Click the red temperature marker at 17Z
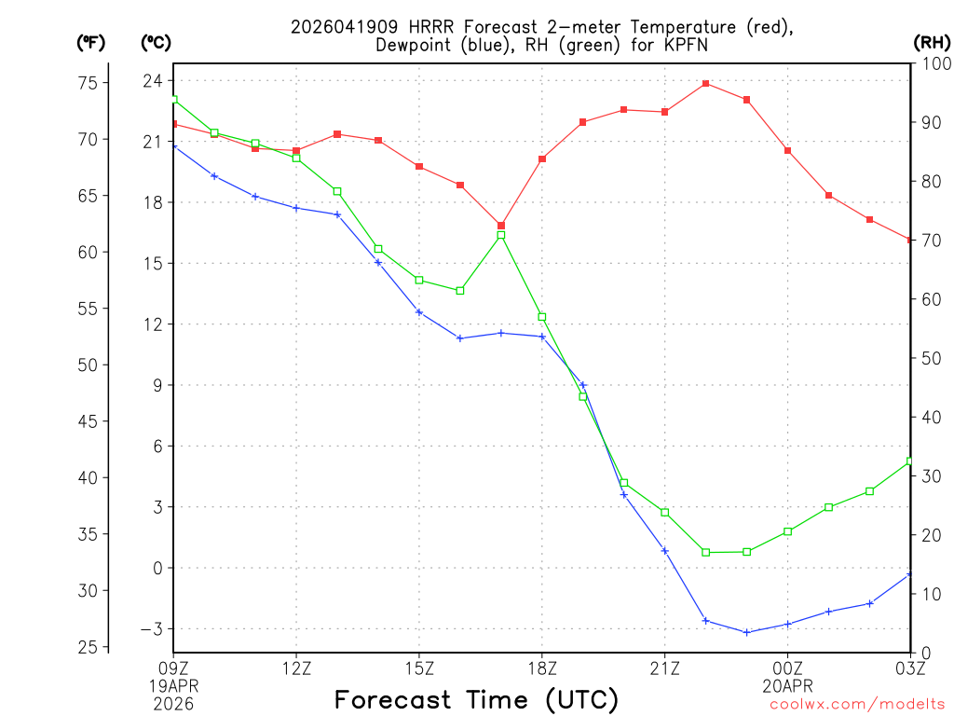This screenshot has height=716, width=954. click(x=501, y=226)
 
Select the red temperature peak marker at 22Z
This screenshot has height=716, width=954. click(x=706, y=84)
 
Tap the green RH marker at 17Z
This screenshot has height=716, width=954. click(x=501, y=235)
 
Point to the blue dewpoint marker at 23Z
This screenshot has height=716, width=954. click(x=747, y=632)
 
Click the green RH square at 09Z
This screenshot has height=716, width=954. click(x=173, y=100)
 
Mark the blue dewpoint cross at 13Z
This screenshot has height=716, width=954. click(x=337, y=214)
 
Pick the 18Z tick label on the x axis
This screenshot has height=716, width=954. click(x=542, y=668)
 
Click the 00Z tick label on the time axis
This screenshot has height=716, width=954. click(x=788, y=668)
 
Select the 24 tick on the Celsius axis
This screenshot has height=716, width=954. click(x=152, y=81)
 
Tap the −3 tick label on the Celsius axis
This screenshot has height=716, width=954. click(x=148, y=629)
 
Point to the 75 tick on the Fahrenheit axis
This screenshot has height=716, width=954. click(x=88, y=83)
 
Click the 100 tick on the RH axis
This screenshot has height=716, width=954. click(x=934, y=63)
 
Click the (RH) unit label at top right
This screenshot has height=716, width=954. click(x=932, y=42)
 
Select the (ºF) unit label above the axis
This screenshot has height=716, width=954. click(x=90, y=42)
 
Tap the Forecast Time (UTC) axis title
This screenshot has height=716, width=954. click(x=476, y=699)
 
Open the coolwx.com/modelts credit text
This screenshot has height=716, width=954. click(x=857, y=704)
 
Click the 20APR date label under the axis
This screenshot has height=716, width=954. click(x=788, y=685)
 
